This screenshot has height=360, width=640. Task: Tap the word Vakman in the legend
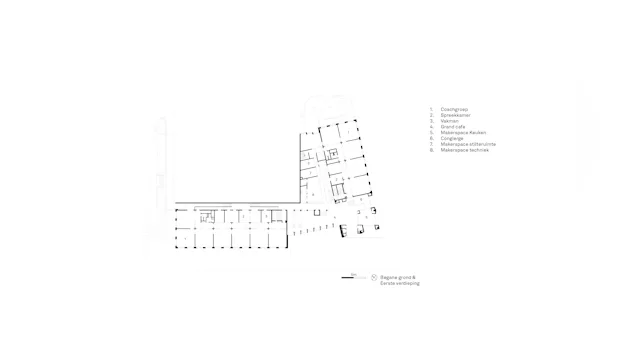click(448, 120)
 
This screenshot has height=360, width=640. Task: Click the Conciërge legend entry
click(450, 138)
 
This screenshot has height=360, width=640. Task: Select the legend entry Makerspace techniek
click(462, 150)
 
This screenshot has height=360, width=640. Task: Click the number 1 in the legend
click(431, 108)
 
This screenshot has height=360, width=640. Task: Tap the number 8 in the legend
click(431, 150)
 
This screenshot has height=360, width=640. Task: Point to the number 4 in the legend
click(431, 126)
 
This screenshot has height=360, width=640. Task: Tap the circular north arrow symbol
click(373, 277)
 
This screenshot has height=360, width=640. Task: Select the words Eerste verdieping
click(399, 284)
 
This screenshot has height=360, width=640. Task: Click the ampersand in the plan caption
click(413, 277)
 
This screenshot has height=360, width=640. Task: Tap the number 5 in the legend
click(431, 132)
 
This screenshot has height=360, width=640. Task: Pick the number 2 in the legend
click(431, 114)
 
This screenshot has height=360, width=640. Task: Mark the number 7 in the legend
click(431, 144)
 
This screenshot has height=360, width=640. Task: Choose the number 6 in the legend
click(431, 138)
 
